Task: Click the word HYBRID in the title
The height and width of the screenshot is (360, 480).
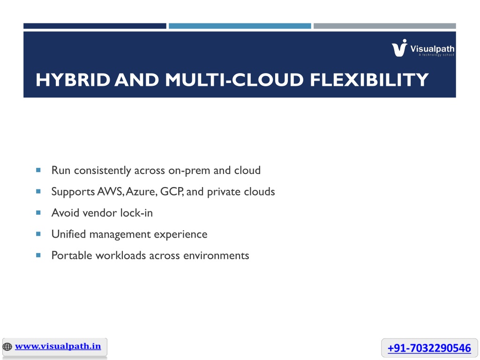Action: pyautogui.click(x=73, y=80)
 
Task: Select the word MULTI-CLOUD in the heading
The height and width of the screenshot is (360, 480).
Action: pyautogui.click(x=234, y=80)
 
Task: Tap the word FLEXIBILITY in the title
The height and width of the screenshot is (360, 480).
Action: pyautogui.click(x=369, y=80)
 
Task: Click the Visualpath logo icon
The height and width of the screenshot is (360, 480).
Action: pyautogui.click(x=399, y=48)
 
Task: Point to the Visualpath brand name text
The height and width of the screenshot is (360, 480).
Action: pyautogui.click(x=432, y=49)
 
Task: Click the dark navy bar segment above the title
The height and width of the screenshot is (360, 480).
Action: pyautogui.click(x=95, y=26)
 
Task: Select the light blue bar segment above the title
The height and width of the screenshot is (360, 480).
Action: pyautogui.click(x=240, y=26)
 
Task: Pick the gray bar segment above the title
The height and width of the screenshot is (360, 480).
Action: pyautogui.click(x=385, y=26)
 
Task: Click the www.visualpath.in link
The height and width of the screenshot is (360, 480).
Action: pyautogui.click(x=58, y=346)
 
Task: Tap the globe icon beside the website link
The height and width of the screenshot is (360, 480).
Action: pyautogui.click(x=7, y=347)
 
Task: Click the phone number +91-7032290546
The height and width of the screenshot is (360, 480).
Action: pyautogui.click(x=429, y=348)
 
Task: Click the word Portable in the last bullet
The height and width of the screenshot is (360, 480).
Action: pyautogui.click(x=72, y=255)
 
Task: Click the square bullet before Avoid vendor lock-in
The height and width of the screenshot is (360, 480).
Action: pyautogui.click(x=38, y=212)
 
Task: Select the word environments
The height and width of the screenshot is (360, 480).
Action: pyautogui.click(x=216, y=255)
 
